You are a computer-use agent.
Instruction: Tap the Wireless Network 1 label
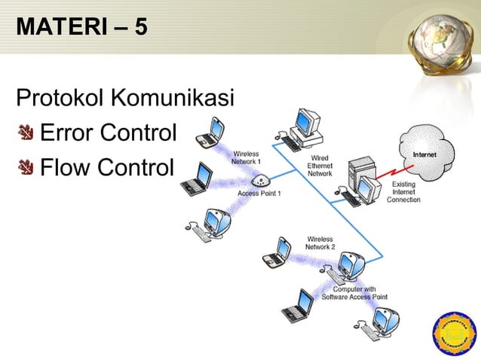pyautogui.click(x=247, y=158)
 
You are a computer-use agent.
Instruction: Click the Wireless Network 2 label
pyautogui.click(x=320, y=243)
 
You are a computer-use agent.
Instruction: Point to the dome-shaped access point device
pyautogui.click(x=261, y=181)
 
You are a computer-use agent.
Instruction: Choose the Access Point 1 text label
pyautogui.click(x=259, y=194)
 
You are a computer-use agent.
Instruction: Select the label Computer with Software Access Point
pyautogui.click(x=354, y=293)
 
